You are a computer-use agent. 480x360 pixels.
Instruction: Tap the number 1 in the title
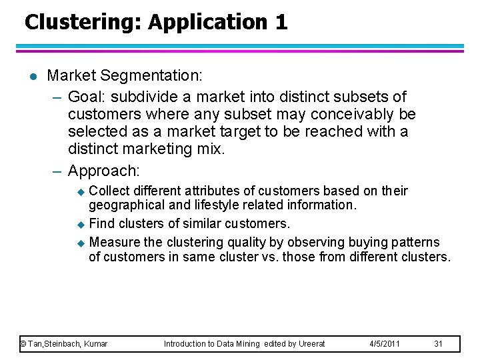(x=281, y=22)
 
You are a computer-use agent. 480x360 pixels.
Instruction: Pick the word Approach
(x=104, y=171)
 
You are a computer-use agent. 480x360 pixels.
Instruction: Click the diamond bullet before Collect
(x=81, y=192)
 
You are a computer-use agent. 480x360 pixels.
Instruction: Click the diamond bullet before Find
(x=81, y=224)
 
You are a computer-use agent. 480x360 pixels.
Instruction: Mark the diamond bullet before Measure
(x=81, y=243)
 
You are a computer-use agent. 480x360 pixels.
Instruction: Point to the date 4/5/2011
(x=385, y=344)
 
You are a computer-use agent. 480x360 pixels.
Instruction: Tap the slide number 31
(x=438, y=344)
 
